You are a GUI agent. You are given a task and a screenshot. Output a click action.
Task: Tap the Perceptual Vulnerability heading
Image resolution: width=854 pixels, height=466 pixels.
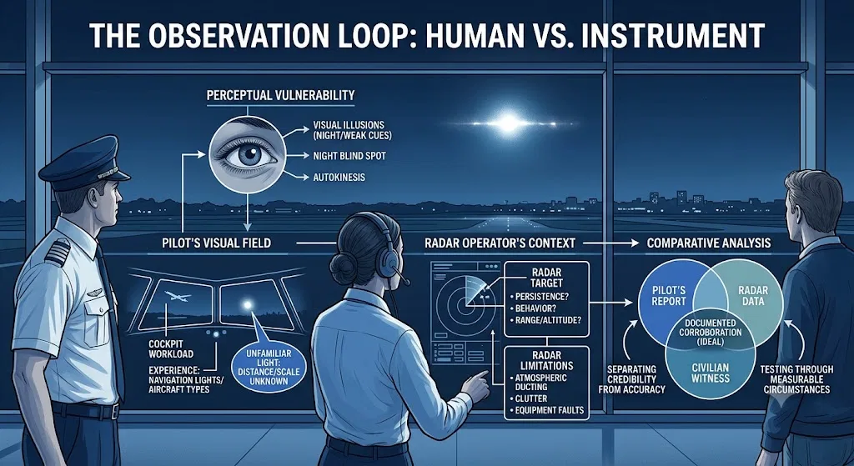280,95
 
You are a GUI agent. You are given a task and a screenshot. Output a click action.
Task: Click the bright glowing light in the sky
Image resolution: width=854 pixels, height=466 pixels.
509,123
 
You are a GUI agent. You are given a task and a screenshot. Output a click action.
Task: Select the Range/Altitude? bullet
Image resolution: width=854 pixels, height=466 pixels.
547,321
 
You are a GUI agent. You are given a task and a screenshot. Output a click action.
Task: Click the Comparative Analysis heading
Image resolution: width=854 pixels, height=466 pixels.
709,243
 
